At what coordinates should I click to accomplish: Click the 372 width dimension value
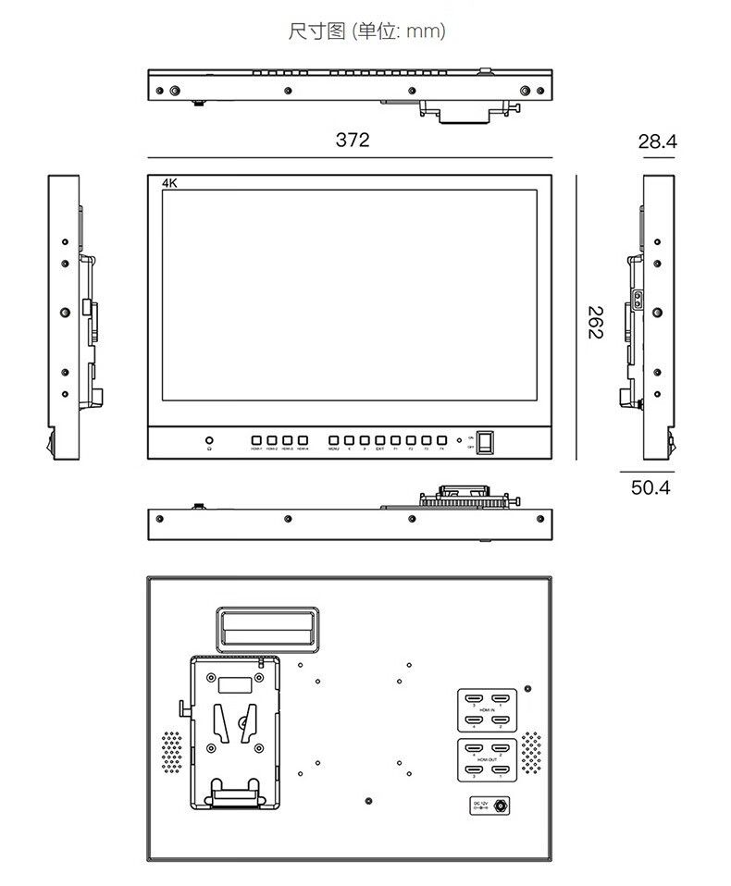(352, 140)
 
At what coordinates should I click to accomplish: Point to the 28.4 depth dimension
(657, 142)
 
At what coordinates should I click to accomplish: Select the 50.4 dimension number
(650, 487)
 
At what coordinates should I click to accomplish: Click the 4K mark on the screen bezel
(168, 183)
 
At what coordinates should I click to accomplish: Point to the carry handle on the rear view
(266, 629)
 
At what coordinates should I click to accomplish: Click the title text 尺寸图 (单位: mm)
(366, 31)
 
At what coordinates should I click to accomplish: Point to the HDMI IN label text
(487, 709)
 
